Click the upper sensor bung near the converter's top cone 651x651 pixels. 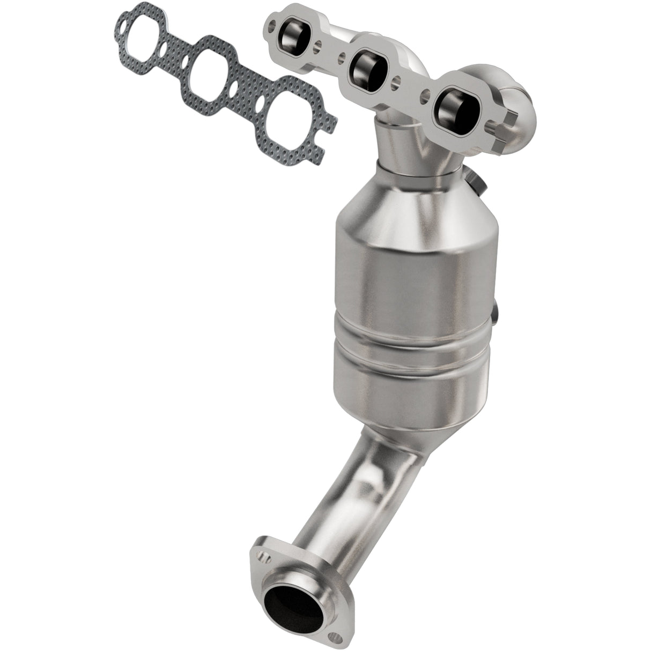click(477, 183)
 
